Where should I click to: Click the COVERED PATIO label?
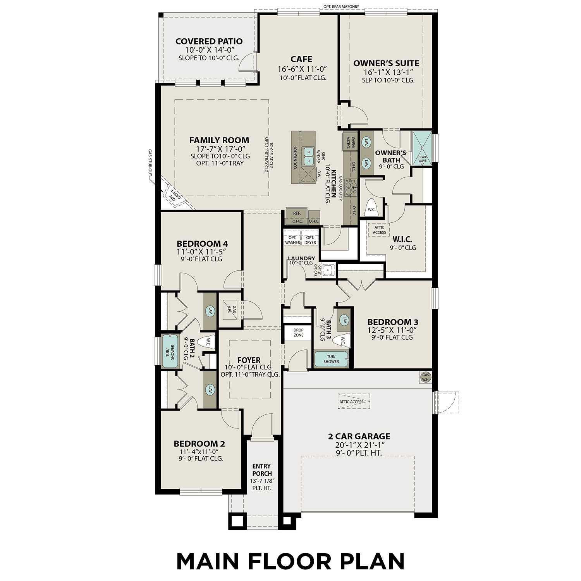209,41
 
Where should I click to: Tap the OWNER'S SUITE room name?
386,63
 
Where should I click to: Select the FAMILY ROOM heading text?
219,140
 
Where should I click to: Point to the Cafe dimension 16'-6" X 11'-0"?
302,69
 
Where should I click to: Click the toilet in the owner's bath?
371,208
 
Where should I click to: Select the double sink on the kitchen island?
309,155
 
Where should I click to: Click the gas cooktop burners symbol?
351,187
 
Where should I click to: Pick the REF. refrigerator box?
297,213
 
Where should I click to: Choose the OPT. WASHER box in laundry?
292,240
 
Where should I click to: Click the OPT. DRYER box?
310,240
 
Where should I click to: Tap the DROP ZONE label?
298,332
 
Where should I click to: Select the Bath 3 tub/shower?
331,359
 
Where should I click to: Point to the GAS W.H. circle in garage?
426,377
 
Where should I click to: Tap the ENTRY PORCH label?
262,470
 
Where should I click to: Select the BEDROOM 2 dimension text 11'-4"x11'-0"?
199,452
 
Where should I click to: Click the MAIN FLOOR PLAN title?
290,561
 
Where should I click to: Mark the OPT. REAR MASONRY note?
341,7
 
